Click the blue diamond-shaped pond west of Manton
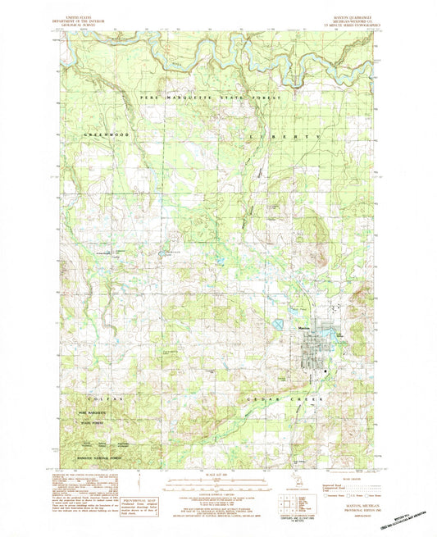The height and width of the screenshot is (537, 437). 279,325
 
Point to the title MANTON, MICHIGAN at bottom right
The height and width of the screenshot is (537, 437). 358,507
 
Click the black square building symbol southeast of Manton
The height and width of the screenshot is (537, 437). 326,371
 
